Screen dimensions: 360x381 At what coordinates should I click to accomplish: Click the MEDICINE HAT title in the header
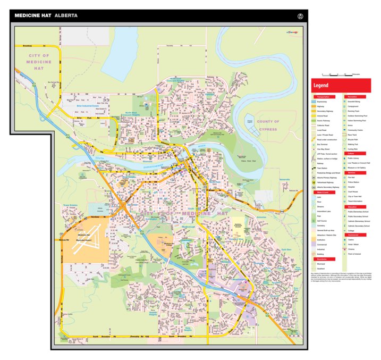pyautogui.click(x=33, y=15)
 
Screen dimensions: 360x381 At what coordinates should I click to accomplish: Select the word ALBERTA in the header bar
pyautogui.click(x=66, y=15)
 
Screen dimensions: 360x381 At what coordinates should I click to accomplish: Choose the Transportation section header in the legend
pyautogui.click(x=324, y=97)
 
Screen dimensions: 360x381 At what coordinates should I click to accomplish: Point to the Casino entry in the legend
pyautogui.click(x=353, y=239)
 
